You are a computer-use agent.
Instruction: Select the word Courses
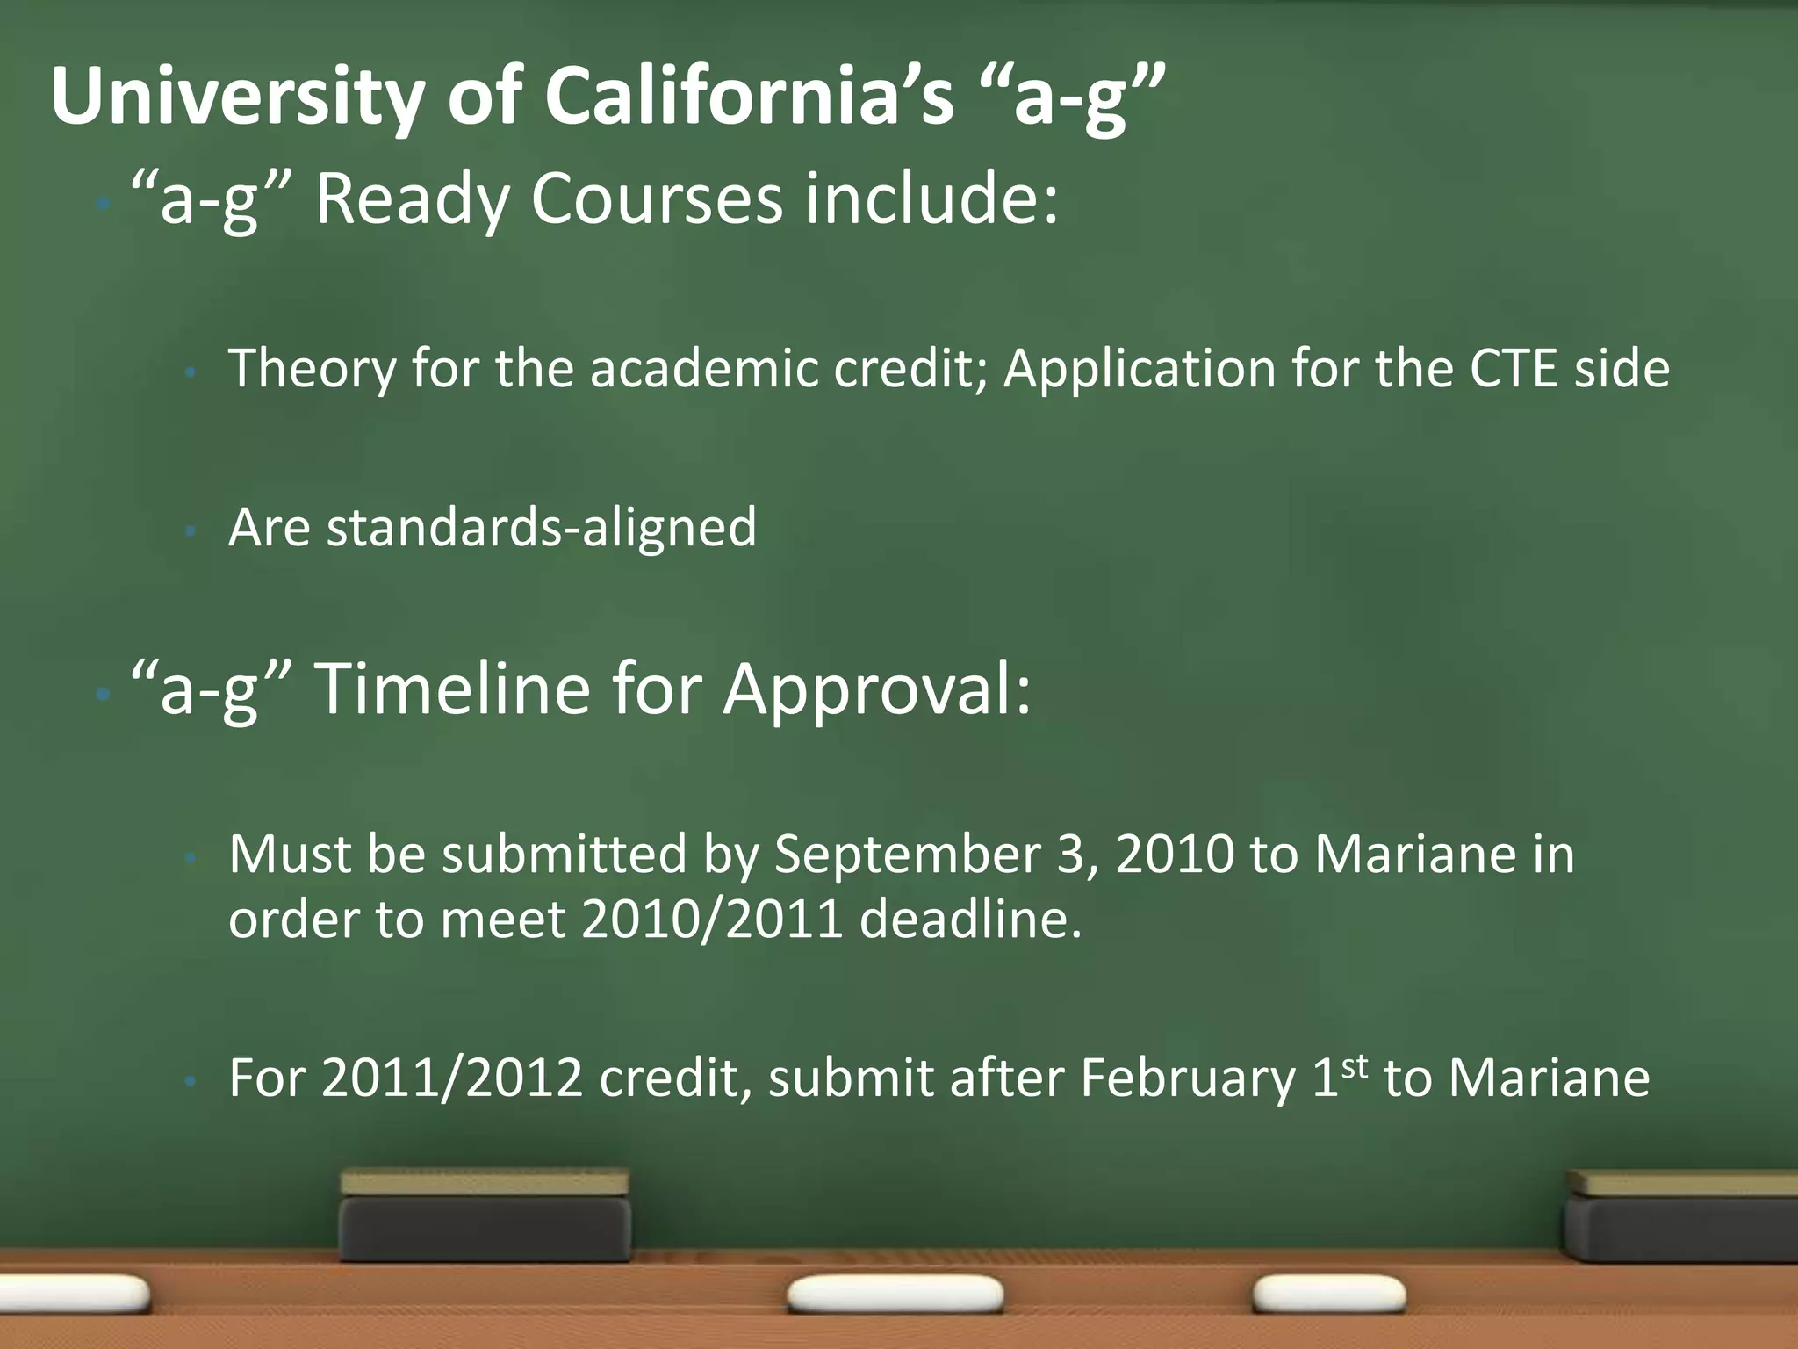pos(656,199)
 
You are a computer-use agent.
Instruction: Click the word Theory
pos(313,369)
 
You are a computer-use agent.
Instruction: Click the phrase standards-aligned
pos(541,528)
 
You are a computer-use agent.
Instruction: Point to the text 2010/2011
pos(712,920)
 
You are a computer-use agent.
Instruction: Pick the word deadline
pos(970,920)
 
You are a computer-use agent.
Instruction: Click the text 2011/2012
pos(451,1078)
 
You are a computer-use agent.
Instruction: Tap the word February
pos(1188,1078)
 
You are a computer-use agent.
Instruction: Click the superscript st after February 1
pos(1355,1065)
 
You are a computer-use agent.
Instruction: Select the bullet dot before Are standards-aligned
pos(189,531)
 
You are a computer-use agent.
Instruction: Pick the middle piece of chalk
pos(895,1295)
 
